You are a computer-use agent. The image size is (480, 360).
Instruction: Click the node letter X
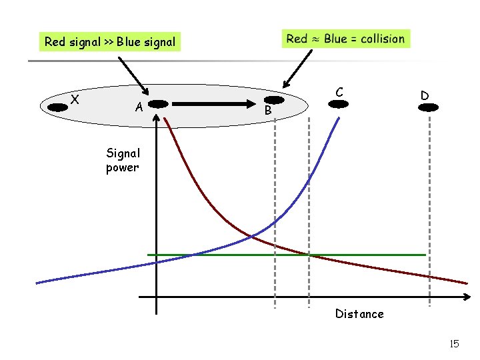(76, 99)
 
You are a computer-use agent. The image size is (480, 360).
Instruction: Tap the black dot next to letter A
(158, 104)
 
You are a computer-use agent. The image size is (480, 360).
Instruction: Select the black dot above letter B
(275, 100)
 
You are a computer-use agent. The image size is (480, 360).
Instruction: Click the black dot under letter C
(340, 104)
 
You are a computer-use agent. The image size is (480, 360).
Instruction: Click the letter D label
(425, 95)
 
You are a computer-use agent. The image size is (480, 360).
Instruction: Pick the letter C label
(339, 91)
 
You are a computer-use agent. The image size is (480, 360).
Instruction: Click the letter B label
(267, 111)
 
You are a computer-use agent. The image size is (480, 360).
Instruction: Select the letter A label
(139, 107)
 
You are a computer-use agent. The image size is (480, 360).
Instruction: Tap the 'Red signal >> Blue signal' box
(110, 42)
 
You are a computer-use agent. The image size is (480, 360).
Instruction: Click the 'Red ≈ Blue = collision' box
(345, 39)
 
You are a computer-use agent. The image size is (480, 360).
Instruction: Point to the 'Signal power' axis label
(123, 160)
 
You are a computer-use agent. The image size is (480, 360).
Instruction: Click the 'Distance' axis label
(359, 313)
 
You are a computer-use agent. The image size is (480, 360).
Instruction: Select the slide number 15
(455, 344)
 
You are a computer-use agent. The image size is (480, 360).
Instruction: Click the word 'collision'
(383, 39)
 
